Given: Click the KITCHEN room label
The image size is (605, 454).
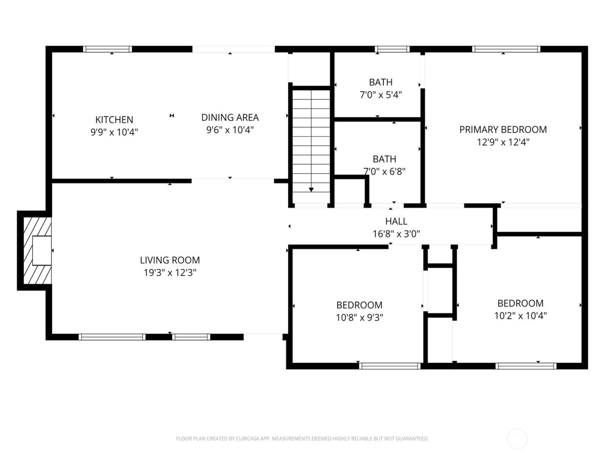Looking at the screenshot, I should tap(114, 120).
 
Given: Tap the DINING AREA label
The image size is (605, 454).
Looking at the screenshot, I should tap(230, 118).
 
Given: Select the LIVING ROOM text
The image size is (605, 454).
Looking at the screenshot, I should tap(170, 260).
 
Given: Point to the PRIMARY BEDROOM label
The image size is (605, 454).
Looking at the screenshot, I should tap(503, 130).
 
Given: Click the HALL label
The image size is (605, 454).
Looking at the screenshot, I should tap(396, 221).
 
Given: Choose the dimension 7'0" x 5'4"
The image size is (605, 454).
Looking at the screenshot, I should tap(381, 95).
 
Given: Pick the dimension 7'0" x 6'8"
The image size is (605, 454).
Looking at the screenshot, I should tap(384, 172).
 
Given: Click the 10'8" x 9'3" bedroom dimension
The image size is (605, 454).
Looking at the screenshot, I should tap(360, 318).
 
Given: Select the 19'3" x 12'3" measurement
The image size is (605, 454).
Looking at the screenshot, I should tap(170, 273).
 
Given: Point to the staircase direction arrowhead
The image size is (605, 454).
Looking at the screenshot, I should tap(311, 190).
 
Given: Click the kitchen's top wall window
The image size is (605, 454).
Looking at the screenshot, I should tap(108, 49).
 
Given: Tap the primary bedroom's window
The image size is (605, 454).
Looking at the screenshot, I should tap(506, 49).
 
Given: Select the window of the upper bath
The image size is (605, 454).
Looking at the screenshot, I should tap(392, 49).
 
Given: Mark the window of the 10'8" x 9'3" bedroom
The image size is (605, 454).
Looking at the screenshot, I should tap(390, 366).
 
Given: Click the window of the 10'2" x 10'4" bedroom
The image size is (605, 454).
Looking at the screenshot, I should tap(526, 366).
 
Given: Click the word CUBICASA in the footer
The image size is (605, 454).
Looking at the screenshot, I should tap(247, 439).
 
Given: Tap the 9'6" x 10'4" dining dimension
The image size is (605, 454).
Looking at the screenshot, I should tap(230, 130).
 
